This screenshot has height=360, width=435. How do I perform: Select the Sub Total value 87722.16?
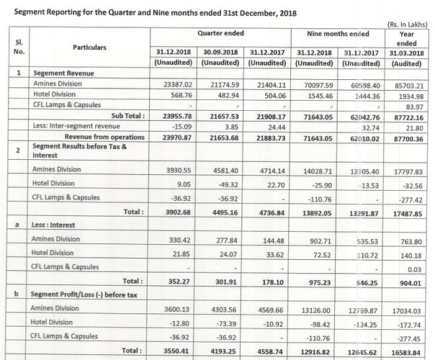[410, 116]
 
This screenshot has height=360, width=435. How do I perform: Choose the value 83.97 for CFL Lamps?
[415, 105]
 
